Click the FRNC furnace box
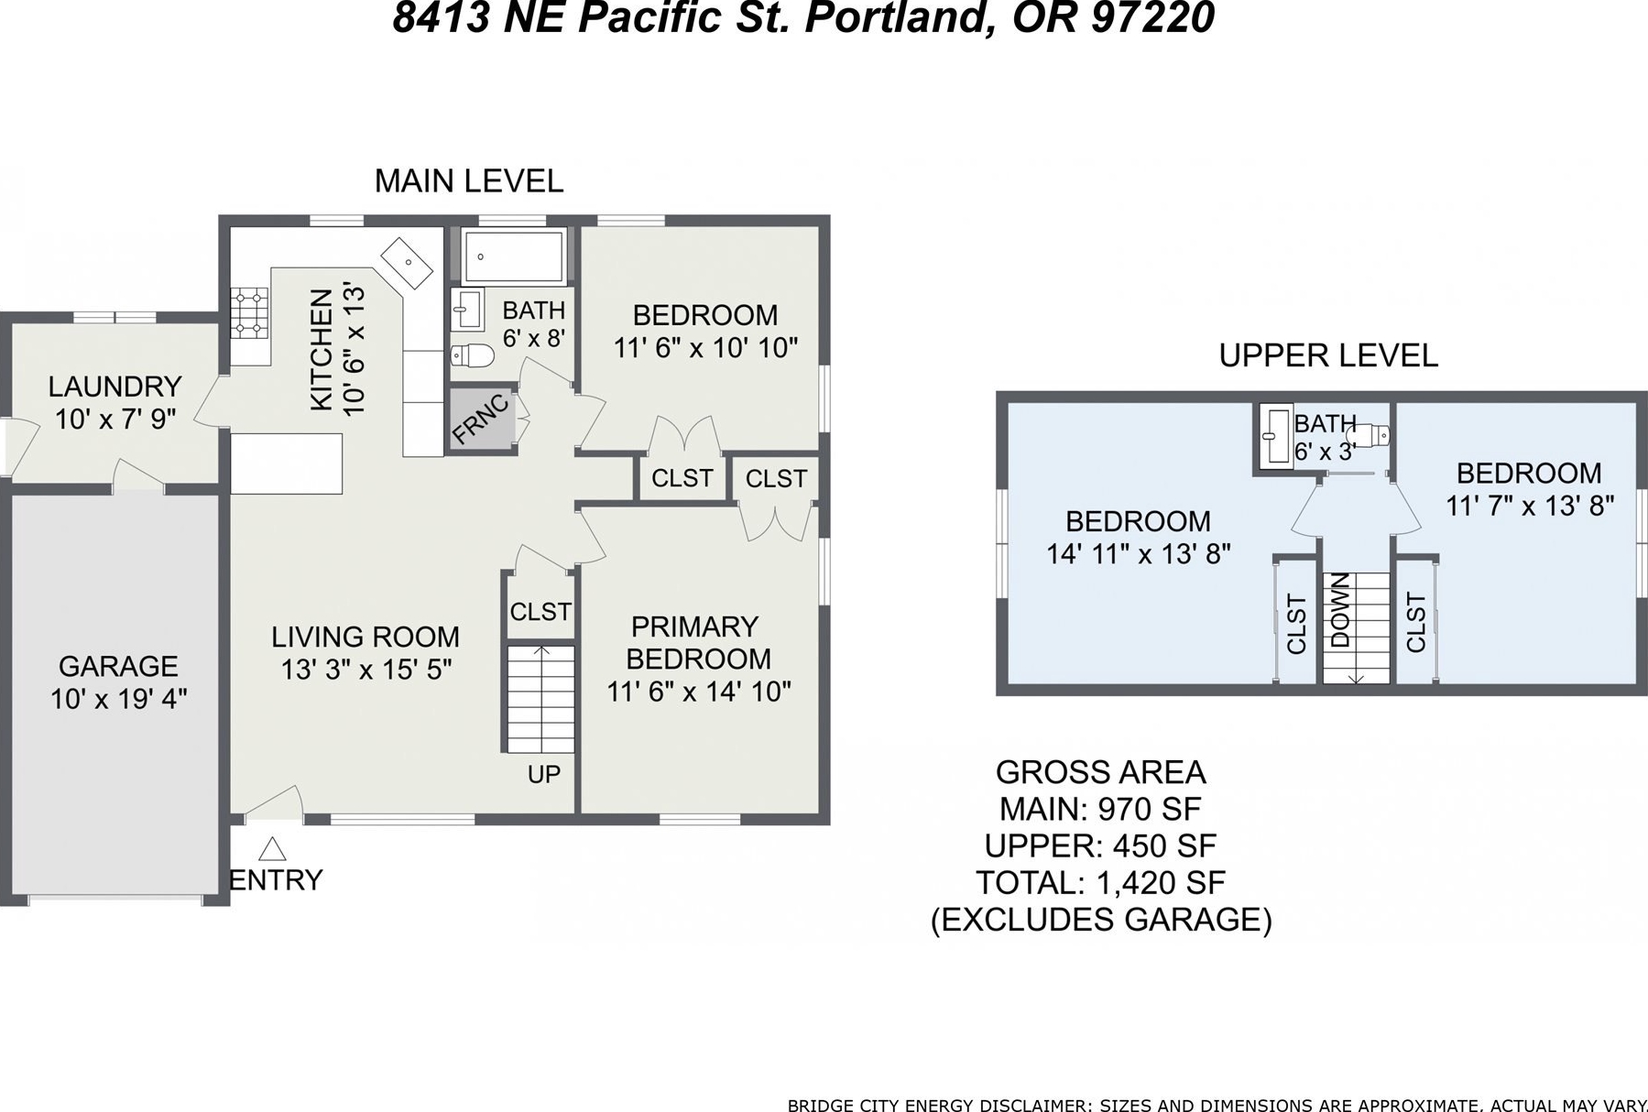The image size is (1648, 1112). [x=482, y=420]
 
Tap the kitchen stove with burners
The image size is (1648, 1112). [x=249, y=312]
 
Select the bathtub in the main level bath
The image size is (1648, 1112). [x=513, y=256]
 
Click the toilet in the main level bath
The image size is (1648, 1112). [x=473, y=354]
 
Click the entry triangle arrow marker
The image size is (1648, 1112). [x=271, y=849]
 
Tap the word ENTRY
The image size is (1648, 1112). [x=276, y=880]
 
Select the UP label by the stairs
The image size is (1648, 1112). [x=543, y=774]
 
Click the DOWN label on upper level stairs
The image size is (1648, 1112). [x=1340, y=610]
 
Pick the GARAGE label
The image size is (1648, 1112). [x=118, y=666]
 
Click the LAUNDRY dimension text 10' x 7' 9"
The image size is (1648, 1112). [x=115, y=420]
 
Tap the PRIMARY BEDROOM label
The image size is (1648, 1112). [x=697, y=643]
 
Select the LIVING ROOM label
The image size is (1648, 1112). [x=366, y=637]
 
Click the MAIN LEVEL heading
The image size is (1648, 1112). [x=469, y=181]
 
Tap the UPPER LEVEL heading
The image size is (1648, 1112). [x=1328, y=355]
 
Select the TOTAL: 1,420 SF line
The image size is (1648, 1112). [x=1100, y=883]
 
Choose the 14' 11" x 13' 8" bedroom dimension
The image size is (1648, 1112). [x=1139, y=554]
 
